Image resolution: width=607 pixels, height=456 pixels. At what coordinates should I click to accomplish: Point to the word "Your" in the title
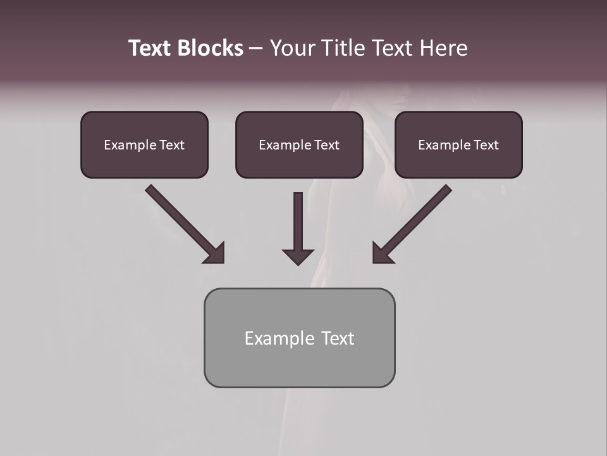click(x=292, y=48)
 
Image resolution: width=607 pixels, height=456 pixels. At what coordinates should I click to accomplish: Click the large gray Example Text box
click(x=299, y=364)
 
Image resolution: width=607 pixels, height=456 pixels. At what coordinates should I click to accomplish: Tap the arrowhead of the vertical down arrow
click(x=298, y=256)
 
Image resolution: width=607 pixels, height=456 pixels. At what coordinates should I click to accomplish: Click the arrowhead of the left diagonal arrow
click(x=214, y=253)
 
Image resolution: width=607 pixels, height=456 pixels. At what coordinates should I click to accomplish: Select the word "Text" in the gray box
click(x=338, y=338)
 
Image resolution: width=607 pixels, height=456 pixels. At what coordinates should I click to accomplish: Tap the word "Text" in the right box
click(x=486, y=145)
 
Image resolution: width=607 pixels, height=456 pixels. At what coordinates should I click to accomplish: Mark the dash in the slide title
click(x=256, y=49)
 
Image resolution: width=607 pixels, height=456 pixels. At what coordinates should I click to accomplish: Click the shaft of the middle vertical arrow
click(x=298, y=218)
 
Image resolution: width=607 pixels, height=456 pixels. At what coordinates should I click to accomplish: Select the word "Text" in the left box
click(x=172, y=145)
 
